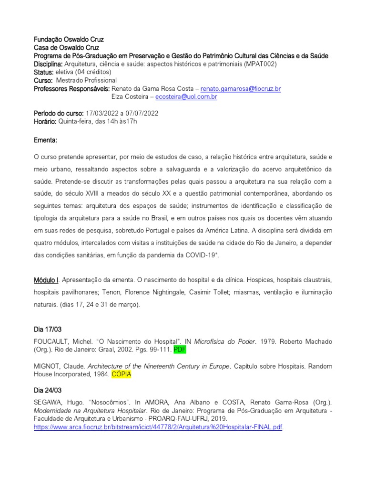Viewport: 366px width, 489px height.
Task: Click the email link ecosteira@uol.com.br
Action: tap(186, 97)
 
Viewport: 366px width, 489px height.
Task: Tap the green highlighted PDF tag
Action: tap(179, 350)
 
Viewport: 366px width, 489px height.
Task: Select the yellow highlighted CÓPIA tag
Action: tap(122, 375)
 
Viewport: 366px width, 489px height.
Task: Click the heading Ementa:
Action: tap(46, 141)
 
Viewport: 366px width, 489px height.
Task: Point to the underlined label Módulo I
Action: tap(46, 279)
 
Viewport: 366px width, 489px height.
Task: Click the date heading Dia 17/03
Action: tap(48, 330)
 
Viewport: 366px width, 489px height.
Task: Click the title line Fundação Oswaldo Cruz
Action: tap(69, 40)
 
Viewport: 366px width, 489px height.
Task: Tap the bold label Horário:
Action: tap(45, 121)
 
